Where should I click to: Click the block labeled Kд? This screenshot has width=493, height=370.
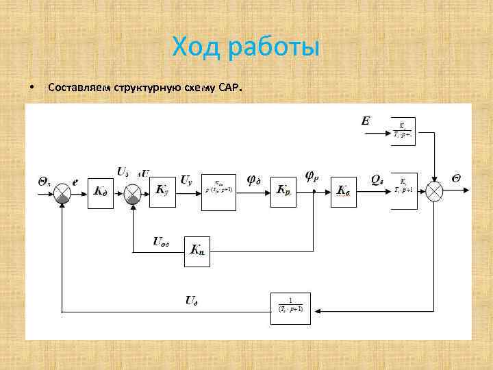(100, 191)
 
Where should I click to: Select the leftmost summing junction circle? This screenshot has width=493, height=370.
(63, 192)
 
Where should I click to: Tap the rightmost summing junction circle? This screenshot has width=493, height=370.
(435, 191)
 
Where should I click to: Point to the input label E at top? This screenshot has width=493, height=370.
(366, 121)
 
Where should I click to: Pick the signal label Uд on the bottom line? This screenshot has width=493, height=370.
(192, 299)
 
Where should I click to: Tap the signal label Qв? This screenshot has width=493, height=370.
(377, 180)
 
